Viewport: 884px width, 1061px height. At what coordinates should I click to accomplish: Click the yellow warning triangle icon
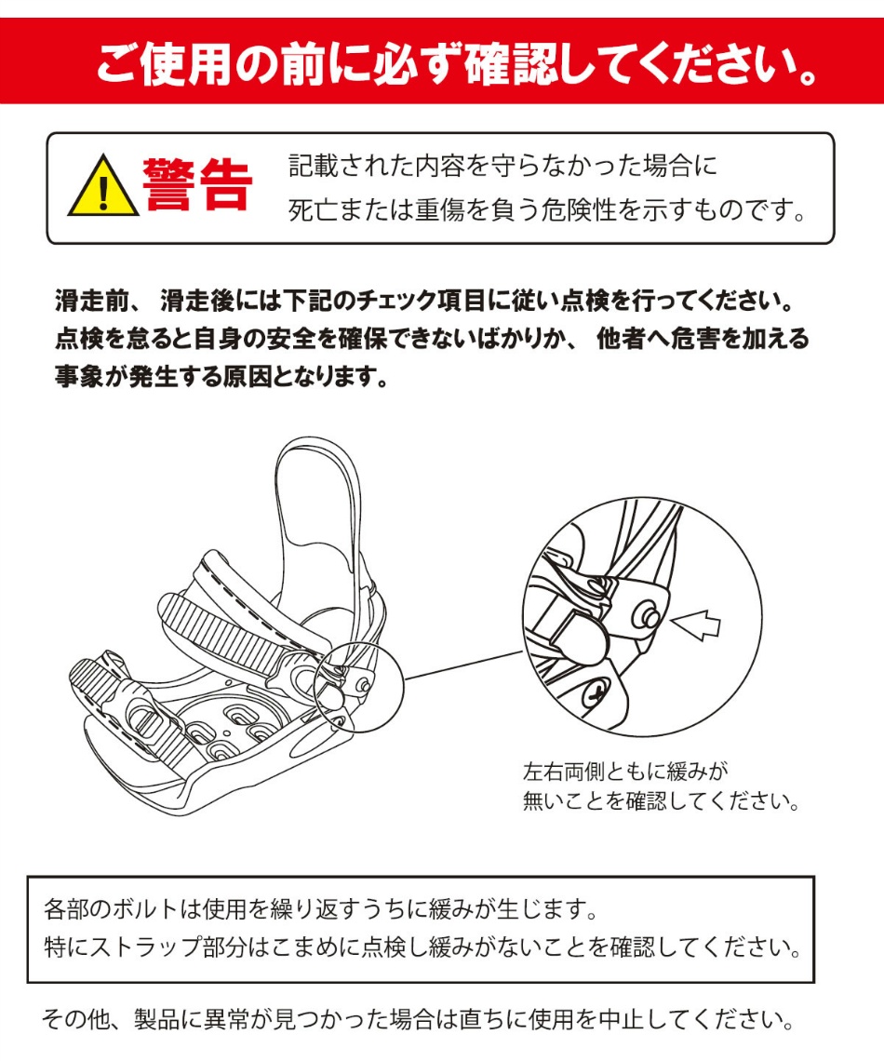(x=103, y=186)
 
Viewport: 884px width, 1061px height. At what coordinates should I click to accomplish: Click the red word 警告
(x=198, y=185)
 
